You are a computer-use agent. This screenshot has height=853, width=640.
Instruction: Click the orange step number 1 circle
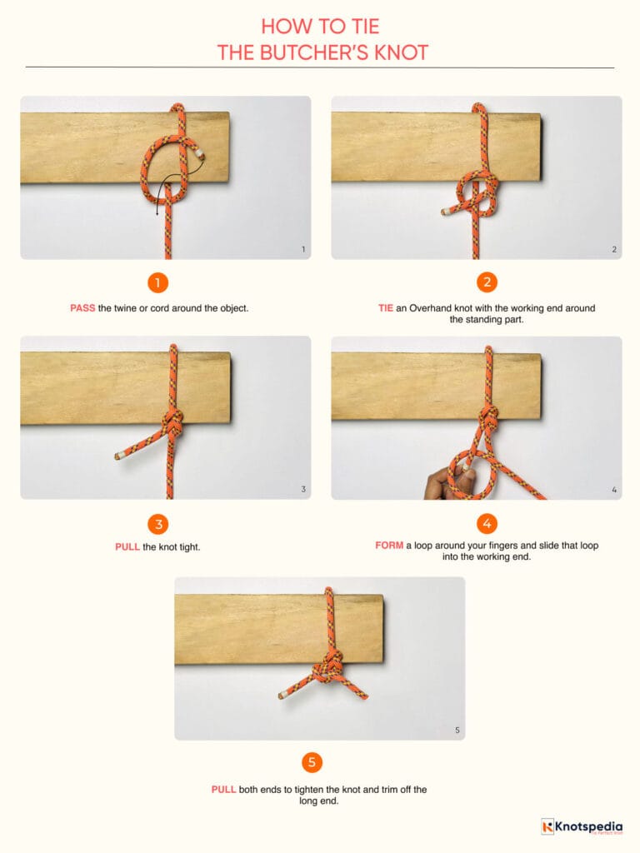click(x=158, y=282)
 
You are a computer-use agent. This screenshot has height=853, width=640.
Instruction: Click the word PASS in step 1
click(x=82, y=308)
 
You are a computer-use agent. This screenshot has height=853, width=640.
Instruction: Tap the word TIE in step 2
click(x=385, y=308)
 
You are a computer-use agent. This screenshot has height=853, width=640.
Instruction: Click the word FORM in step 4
click(x=389, y=546)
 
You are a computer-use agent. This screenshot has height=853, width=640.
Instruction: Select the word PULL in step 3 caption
click(x=127, y=547)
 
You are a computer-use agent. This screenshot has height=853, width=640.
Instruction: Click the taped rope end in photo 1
click(x=200, y=154)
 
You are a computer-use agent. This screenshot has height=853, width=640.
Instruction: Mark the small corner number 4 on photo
click(x=614, y=490)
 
